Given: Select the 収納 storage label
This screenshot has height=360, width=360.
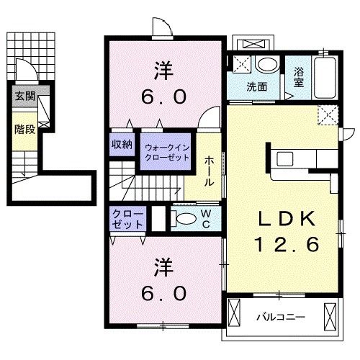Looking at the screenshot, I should coord(121,144).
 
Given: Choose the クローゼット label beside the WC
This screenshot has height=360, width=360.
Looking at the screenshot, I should coord(127,219).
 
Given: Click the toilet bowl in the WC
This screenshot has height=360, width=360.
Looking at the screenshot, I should coord(185,219).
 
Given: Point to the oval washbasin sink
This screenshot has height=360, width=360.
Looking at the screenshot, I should coord(267,66).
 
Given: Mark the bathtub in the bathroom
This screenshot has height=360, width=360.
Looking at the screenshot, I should coord(325,78).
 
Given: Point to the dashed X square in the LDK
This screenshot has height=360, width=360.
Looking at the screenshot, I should coord(328,114).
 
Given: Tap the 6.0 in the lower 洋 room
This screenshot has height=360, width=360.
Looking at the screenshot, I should coord(163,293).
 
